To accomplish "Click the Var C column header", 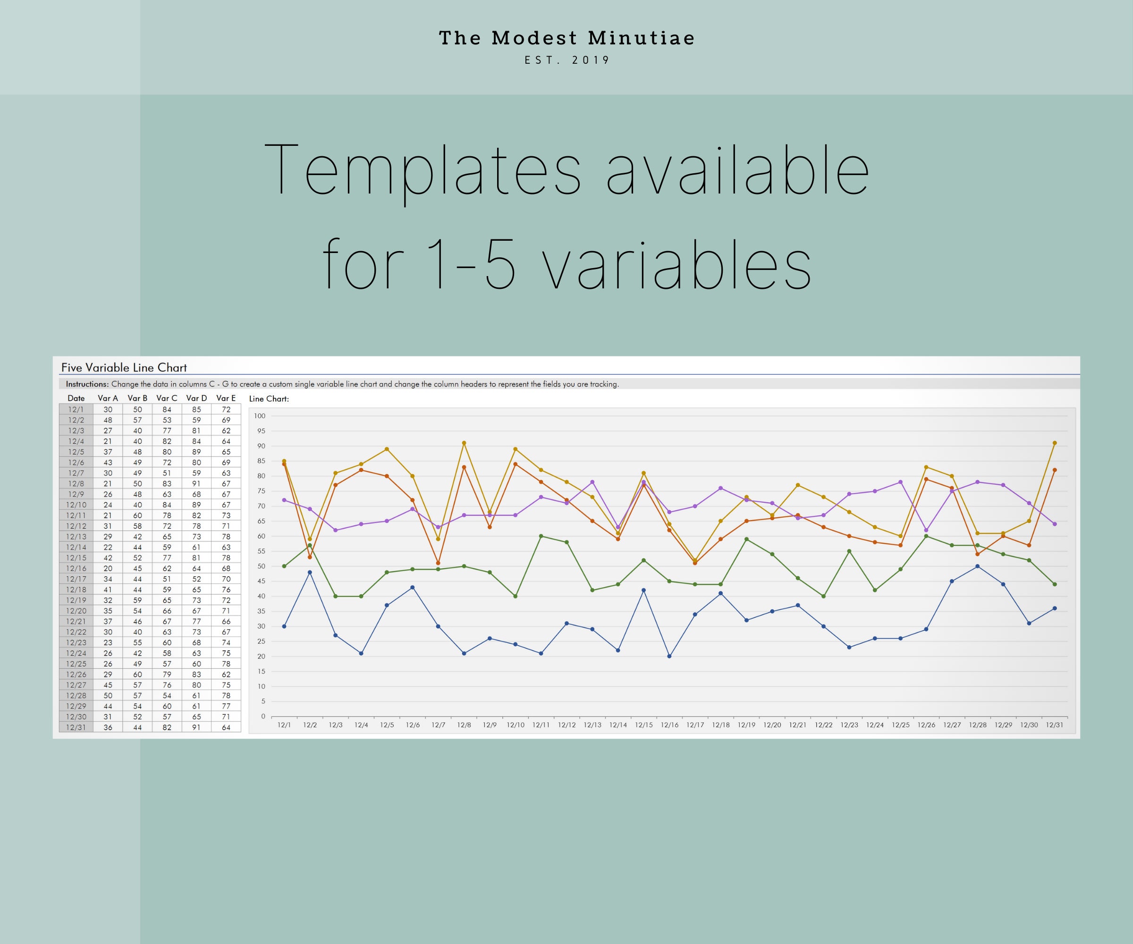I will point(167,398).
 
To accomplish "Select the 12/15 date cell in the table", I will point(76,558).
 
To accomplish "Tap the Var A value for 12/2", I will point(108,420).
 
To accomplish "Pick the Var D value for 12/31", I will point(196,727).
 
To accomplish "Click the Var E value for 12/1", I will point(226,409).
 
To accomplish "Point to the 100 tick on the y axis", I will point(260,416).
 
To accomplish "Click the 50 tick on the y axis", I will point(262,566).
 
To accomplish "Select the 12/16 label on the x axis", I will point(669,725).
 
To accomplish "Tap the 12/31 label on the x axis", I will point(1055,725).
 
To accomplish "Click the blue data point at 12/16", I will point(669,657).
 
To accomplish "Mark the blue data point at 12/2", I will point(310,573).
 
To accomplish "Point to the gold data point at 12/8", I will point(464,443).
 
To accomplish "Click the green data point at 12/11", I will point(541,536).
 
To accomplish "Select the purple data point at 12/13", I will point(592,482).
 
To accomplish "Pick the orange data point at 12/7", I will point(438,563).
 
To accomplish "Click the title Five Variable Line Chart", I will point(124,368).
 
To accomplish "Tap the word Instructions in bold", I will point(87,384).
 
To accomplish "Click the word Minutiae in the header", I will point(641,38).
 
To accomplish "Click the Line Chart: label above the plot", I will point(269,399).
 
